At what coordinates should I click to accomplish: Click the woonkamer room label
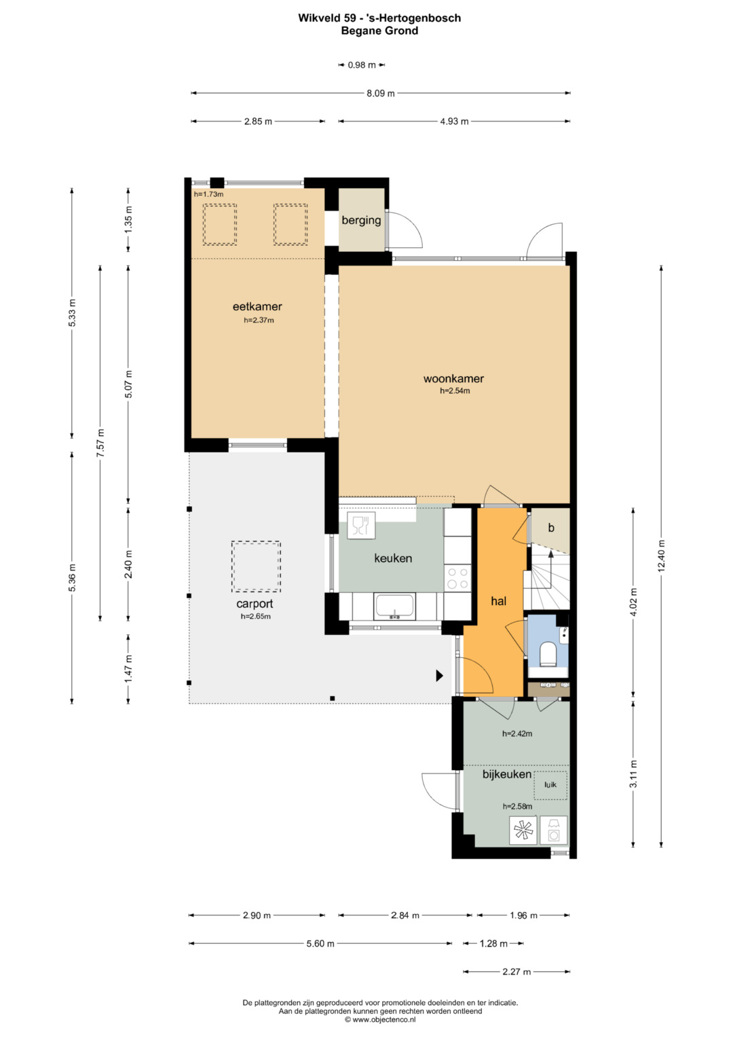pos(453,378)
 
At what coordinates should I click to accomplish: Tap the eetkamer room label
pos(257,306)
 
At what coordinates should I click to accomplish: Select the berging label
pos(361,220)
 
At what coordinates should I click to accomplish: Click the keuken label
pos(393,558)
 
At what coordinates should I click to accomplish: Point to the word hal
pos(498,601)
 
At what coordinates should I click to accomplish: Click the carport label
pos(255,604)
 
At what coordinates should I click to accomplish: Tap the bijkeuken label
pos(507,774)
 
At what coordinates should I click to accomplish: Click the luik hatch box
pos(550,785)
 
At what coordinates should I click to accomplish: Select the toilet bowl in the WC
pos(548,653)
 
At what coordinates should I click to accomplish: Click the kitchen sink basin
pos(394,606)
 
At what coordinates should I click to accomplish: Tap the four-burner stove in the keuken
pos(457,578)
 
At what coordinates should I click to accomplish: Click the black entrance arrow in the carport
pos(439,676)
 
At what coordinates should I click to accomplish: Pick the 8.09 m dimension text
pos(380,94)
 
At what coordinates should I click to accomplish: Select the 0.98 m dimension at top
pos(361,65)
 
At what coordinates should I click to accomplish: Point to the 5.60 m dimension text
pos(320,943)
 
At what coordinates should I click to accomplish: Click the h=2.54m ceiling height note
pos(455,390)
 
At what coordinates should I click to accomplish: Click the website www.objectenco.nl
pos(380,1019)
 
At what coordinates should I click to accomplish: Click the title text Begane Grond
pos(379,31)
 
